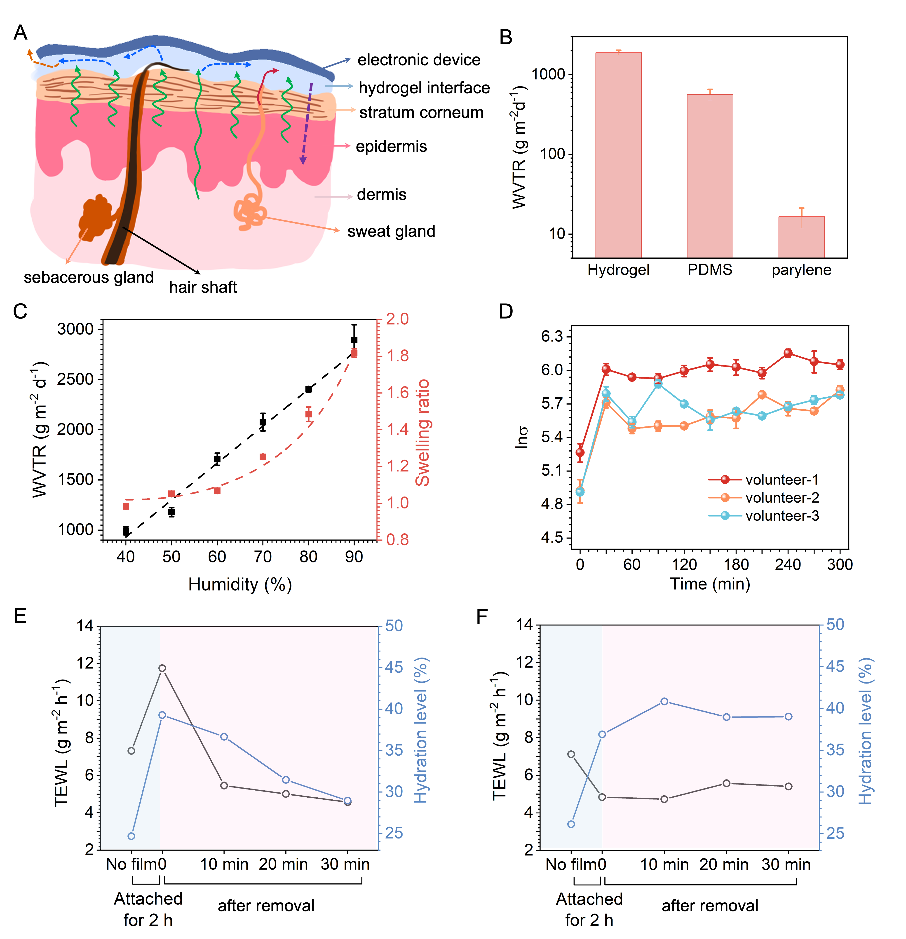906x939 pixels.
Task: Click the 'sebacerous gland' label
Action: (89, 277)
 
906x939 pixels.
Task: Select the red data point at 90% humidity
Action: (354, 353)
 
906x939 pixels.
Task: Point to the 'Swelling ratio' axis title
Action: (422, 433)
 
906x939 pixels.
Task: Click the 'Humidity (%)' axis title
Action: (239, 585)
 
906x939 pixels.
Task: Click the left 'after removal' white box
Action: (266, 905)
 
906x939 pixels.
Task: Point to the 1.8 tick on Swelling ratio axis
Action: (397, 356)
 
